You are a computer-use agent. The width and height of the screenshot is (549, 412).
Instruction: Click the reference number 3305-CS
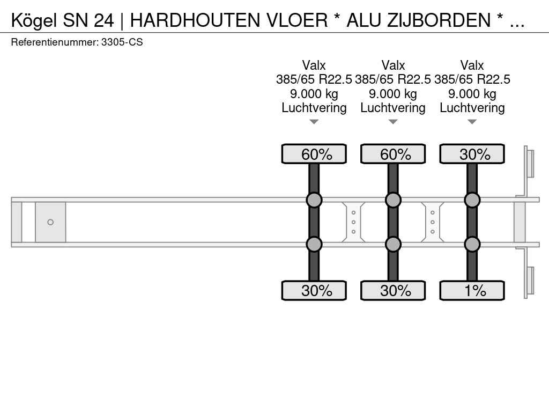pos(122,42)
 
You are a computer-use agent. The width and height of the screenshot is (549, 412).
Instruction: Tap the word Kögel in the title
pos(34,21)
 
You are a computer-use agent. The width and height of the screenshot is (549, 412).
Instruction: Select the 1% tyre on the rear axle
pos(472,290)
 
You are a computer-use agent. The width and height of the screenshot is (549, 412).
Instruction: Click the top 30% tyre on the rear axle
pos(472,154)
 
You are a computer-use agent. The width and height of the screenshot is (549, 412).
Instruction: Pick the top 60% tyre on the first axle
pos(314,154)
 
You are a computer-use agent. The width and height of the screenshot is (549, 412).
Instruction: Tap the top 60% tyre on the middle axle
pos(393,154)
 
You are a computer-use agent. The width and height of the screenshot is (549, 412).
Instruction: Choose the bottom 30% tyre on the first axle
pos(314,290)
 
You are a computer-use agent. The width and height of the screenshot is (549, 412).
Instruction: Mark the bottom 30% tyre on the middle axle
pos(393,290)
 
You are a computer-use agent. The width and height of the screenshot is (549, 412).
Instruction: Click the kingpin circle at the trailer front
pos(50,222)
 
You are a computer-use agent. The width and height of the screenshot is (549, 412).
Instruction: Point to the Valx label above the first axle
pos(314,65)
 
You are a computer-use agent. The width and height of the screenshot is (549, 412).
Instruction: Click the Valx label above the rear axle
pos(472,65)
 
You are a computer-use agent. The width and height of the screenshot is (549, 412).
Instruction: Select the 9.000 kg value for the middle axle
pos(393,94)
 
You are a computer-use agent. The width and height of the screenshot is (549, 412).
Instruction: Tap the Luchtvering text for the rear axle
pos(472,108)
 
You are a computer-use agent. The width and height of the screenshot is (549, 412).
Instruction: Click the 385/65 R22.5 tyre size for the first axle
pos(314,79)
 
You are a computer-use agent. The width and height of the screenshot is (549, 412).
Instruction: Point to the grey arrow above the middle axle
pos(393,122)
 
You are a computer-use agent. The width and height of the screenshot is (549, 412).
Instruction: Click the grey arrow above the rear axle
pos(472,122)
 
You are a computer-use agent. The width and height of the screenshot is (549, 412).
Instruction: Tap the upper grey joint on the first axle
pos(314,200)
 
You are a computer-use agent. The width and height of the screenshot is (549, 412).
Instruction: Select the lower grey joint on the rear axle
pos(472,244)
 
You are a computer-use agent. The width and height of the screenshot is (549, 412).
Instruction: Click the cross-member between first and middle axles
pos(354,222)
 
